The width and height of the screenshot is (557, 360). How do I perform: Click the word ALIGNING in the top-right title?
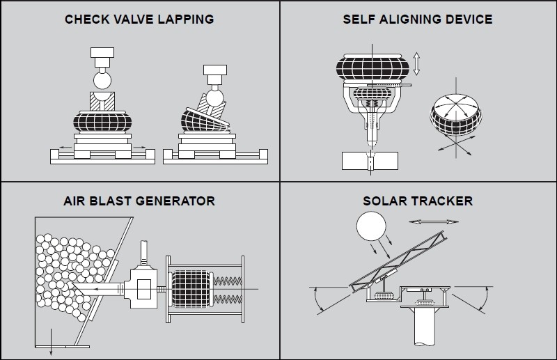click(410, 19)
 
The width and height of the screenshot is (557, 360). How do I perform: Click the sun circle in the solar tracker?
click(371, 226)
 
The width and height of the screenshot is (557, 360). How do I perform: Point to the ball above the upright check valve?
click(102, 80)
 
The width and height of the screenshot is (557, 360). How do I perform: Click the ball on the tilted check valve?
click(214, 97)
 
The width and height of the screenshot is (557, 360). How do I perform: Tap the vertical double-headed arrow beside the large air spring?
click(416, 64)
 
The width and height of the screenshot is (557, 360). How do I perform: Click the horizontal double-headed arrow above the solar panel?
click(433, 221)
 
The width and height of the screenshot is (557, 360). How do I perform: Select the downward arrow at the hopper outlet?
click(51, 342)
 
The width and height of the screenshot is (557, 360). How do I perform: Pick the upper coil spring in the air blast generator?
click(228, 281)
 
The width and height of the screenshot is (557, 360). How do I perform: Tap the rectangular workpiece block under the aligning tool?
click(370, 161)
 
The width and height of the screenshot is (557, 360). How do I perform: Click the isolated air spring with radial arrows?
click(456, 114)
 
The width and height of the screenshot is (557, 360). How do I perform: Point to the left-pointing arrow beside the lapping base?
click(65, 147)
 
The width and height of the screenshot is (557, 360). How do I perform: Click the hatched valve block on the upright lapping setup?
click(102, 101)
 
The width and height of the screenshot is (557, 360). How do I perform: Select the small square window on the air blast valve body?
click(144, 289)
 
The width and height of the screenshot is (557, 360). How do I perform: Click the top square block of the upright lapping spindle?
click(102, 53)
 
